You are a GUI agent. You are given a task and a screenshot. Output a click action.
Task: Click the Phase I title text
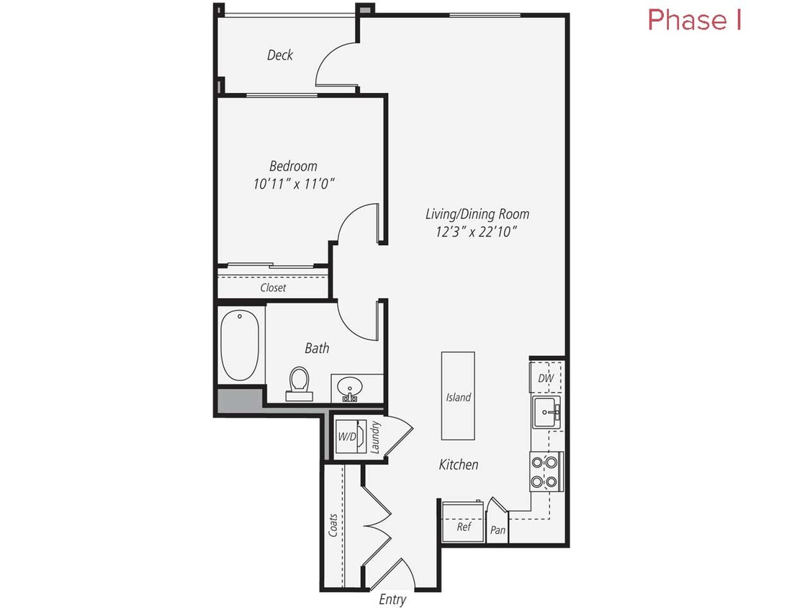pos(694,19)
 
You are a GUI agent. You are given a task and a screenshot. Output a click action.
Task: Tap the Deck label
pos(280,55)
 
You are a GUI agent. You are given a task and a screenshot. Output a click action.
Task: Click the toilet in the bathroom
pos(298,381)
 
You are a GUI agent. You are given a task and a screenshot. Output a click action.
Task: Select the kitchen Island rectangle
pos(458,395)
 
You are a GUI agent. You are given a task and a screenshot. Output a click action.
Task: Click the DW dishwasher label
pos(546,378)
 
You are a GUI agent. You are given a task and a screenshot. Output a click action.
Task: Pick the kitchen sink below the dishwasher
pos(546,413)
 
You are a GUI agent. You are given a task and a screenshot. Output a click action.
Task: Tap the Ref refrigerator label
pos(464,527)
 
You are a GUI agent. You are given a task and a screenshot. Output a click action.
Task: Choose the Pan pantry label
pos(498,530)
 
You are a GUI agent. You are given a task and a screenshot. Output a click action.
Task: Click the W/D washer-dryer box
pos(347,437)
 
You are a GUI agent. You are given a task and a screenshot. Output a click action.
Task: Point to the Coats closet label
pos(333,529)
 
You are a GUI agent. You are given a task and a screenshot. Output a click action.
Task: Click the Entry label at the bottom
pos(392,599)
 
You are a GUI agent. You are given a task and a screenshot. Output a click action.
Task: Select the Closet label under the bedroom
pos(273,287)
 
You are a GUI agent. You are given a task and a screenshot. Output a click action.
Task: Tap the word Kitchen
pos(459,465)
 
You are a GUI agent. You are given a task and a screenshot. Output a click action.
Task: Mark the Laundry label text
pos(375,437)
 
